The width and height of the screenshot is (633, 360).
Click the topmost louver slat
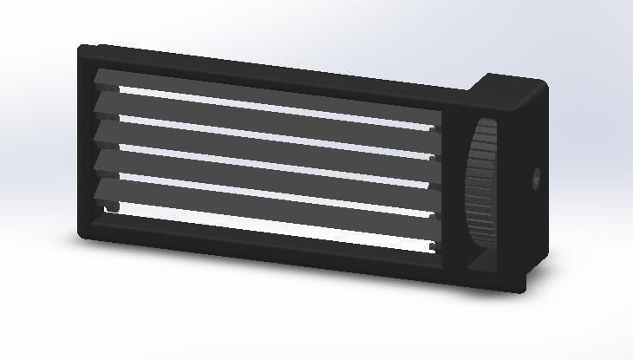coord(260,97)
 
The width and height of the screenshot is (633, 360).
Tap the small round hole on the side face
coord(536,180)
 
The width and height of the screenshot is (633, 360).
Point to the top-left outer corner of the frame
coord(81,46)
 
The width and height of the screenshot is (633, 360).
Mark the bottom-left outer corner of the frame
coord(81,237)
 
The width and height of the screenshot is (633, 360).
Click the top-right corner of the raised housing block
coord(545,82)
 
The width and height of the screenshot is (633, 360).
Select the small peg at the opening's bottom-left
coord(112,207)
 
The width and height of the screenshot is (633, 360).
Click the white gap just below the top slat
coord(260,109)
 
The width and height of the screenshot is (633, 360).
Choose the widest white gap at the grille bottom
coord(260,226)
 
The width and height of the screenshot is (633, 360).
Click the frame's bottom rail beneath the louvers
coord(260,250)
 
